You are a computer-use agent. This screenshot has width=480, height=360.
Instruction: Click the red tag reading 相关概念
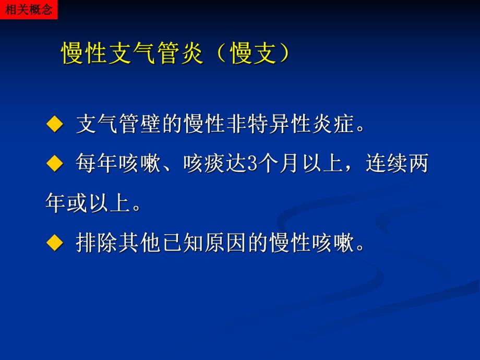[x=28, y=9]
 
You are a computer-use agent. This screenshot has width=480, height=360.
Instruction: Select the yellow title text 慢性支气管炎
[x=132, y=53]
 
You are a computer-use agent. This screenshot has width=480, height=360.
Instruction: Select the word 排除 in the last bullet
[x=97, y=243]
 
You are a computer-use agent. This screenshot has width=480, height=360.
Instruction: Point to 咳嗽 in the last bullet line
[x=334, y=243]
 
